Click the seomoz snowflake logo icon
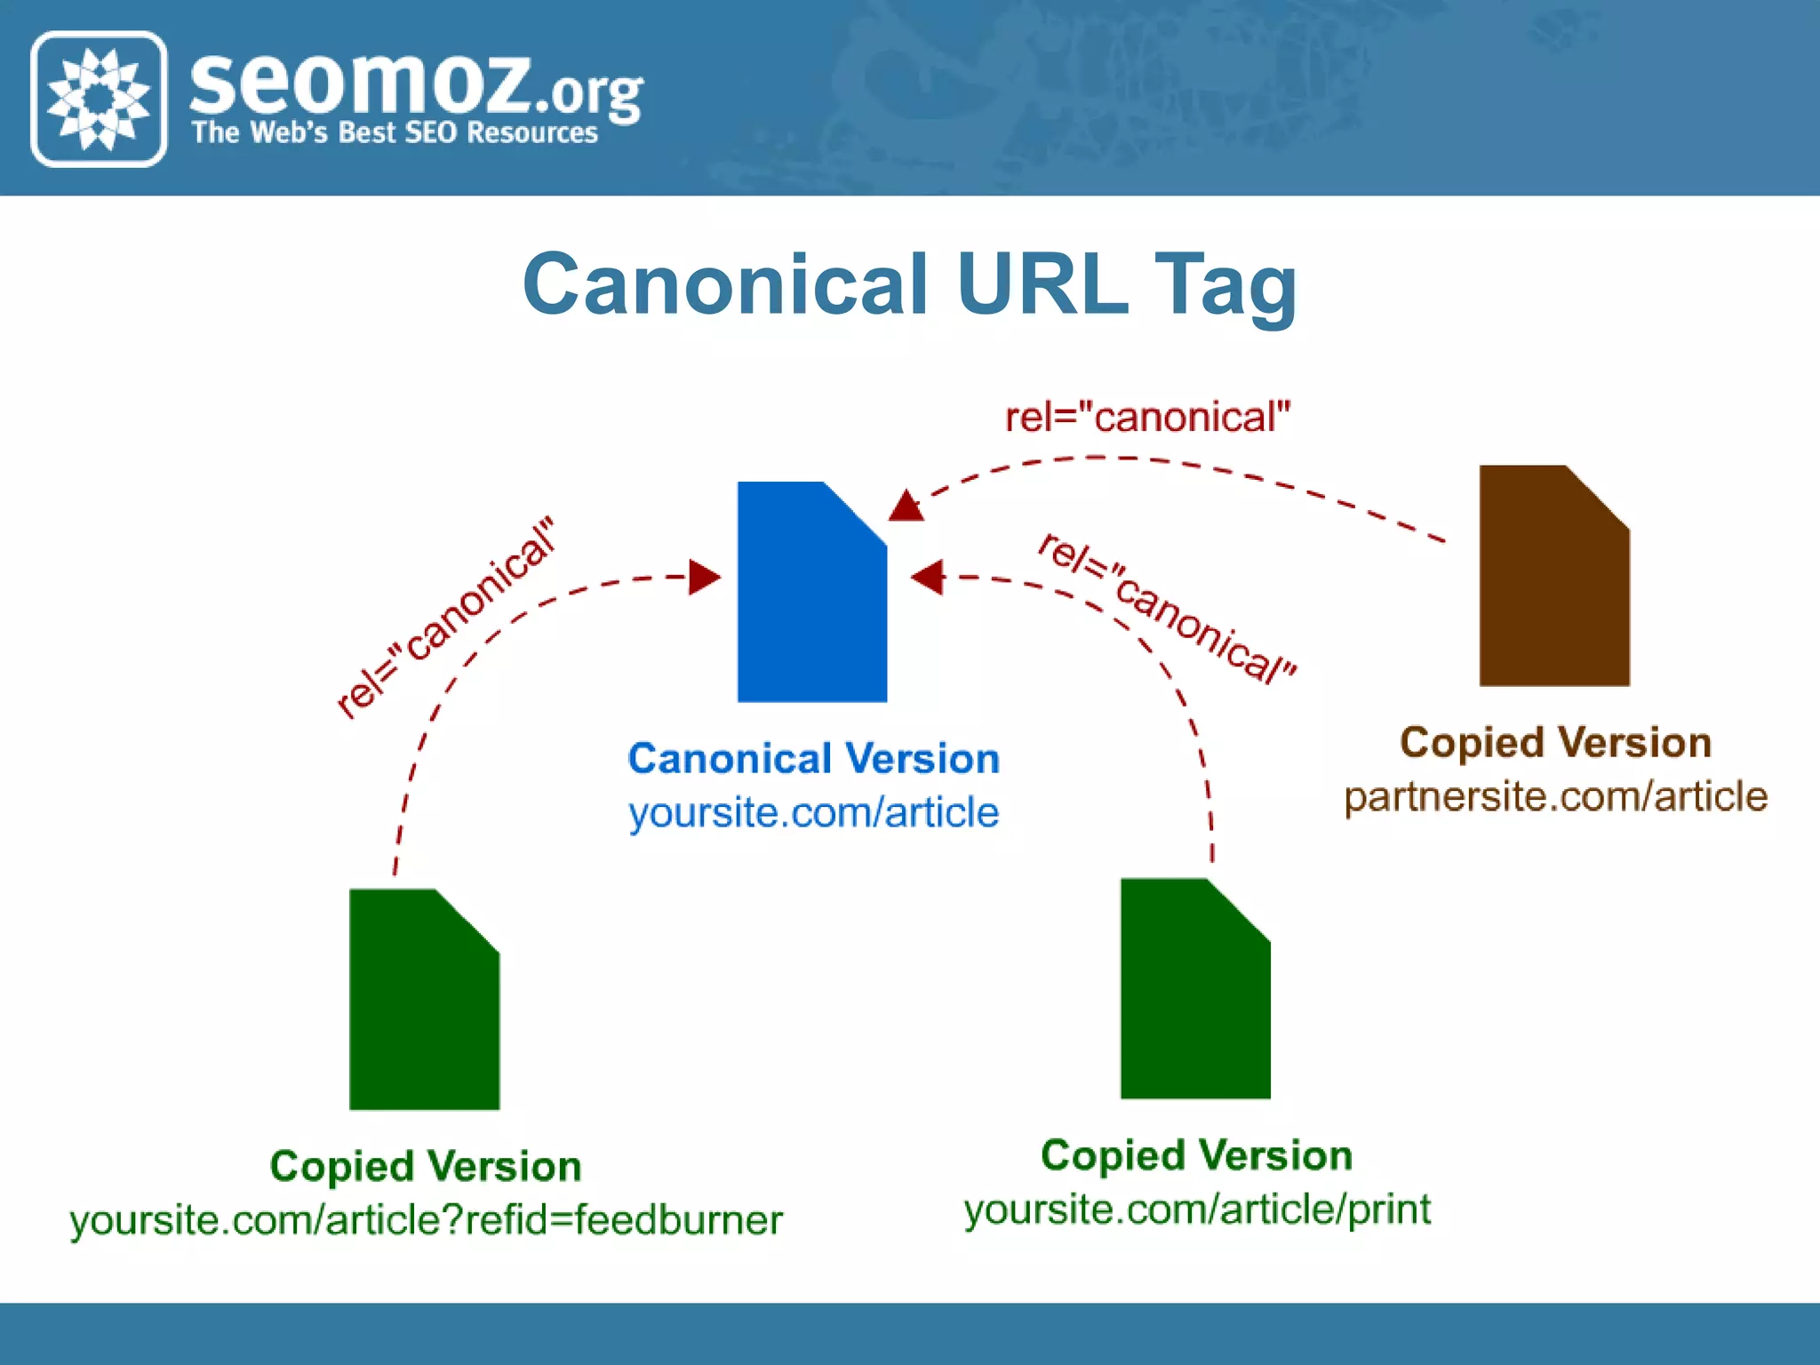99,99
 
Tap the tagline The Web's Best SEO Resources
395,133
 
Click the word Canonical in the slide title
725,284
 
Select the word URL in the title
1041,284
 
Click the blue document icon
811,594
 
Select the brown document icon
1553,577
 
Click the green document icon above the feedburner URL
424,1000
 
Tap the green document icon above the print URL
1194,989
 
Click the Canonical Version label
813,759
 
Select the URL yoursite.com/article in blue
813,812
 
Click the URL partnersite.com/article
1555,796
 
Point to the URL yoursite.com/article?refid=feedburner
427,1220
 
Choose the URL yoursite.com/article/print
1197,1209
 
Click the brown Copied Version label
1555,742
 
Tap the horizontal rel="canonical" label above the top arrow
1147,418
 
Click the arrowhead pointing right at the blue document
704,577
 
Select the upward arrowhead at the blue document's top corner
906,506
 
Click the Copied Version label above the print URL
1196,1155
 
